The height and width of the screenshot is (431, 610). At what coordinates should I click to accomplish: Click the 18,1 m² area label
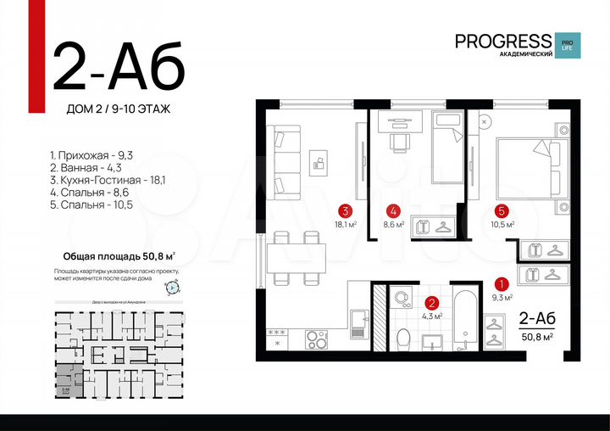click(x=345, y=225)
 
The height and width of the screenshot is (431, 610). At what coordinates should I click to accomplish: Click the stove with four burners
click(x=316, y=339)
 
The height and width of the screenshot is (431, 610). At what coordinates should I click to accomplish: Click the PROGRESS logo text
click(x=502, y=40)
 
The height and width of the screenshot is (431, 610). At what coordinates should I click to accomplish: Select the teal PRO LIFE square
click(x=565, y=46)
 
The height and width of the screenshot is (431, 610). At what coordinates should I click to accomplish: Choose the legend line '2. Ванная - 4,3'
click(x=85, y=168)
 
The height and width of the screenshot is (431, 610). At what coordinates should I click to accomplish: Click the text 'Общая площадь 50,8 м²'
click(x=119, y=255)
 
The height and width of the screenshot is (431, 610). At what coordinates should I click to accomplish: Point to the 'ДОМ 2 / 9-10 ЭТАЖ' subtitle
click(x=118, y=108)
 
